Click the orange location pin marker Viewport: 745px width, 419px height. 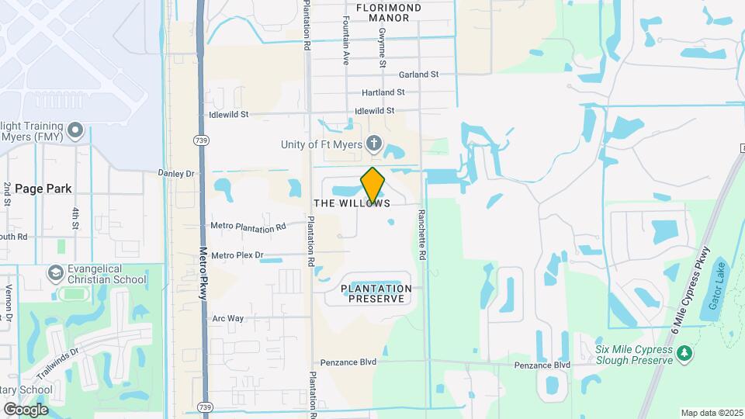click(x=373, y=185)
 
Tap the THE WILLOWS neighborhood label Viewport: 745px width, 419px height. click(x=352, y=203)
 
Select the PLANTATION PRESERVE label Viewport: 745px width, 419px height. click(x=376, y=293)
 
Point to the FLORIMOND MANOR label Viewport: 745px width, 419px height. click(x=389, y=12)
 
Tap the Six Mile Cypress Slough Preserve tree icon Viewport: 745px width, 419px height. click(x=684, y=354)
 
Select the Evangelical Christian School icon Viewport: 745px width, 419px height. click(x=55, y=272)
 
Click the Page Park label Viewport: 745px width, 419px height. click(x=43, y=189)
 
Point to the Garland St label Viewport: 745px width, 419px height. click(x=419, y=74)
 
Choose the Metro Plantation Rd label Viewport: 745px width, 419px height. click(x=248, y=227)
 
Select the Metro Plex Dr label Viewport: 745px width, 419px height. click(x=237, y=255)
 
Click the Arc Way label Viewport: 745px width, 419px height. click(x=228, y=318)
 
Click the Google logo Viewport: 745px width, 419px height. click(x=26, y=409)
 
